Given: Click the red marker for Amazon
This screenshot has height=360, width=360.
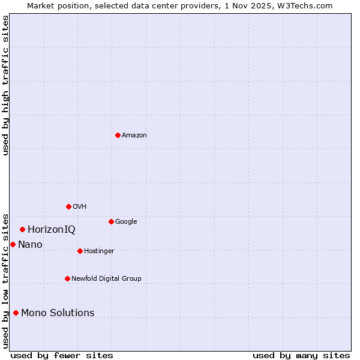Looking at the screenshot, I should coord(118,135).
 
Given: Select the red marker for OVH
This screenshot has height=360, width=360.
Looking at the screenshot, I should coord(68,206).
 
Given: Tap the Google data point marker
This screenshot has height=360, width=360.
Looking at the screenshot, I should coord(111,221).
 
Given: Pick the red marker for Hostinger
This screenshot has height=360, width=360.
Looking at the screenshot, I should coord(80,251).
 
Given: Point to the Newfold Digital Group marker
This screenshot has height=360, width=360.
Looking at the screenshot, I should coord(67,278).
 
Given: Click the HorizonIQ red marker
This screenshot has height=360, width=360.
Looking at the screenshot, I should coord(22,229).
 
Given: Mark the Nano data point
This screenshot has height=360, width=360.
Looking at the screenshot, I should coord(13,244).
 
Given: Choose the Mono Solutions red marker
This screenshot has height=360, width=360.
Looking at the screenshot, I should coord(16,313).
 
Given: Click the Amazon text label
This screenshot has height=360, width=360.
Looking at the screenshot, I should coord(134,136).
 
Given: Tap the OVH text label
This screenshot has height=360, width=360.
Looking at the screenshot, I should coord(80,207).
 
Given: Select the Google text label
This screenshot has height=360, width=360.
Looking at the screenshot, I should coord(126,222).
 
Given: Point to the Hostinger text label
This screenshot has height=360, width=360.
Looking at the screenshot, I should coord(99,251).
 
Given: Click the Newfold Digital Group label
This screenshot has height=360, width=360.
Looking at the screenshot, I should coord(106,279).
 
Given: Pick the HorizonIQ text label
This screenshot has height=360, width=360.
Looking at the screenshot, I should coord(52,230).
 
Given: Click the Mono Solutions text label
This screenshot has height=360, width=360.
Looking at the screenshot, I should coord(58,313).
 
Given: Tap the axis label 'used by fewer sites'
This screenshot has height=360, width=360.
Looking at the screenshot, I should coord(62,355).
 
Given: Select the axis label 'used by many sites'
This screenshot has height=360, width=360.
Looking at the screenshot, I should coord(301,355).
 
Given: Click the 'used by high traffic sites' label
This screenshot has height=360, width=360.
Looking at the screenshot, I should coord(5,85).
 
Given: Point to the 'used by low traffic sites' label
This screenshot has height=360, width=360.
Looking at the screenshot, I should coord(5,281).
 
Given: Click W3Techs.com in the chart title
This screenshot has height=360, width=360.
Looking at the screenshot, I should coord(311,5).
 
